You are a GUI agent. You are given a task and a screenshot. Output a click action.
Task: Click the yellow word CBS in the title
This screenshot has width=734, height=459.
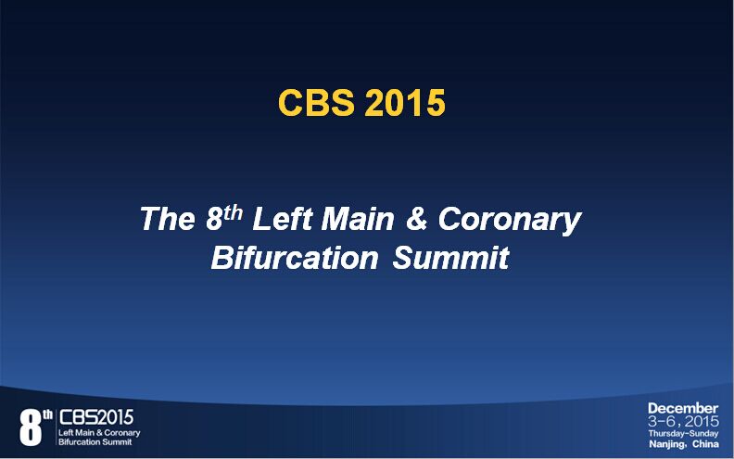pos(316,103)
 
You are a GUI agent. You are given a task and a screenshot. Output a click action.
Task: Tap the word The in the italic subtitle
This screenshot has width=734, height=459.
pos(168,218)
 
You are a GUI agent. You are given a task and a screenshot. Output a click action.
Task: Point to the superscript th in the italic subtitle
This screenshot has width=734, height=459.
pos(234,213)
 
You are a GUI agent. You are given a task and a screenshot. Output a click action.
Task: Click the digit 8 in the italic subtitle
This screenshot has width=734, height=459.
pos(214,219)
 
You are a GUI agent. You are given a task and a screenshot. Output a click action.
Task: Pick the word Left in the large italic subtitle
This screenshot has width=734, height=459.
pos(282,218)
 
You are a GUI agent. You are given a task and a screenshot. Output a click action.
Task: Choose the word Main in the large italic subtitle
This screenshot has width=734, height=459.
pos(358,218)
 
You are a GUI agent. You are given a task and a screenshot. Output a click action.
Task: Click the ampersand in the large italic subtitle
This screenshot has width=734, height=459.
pos(417,219)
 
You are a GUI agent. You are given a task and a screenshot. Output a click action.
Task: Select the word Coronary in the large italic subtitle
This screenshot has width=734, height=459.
pos(510,221)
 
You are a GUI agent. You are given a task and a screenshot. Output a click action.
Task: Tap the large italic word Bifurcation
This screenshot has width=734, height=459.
pos(295,257)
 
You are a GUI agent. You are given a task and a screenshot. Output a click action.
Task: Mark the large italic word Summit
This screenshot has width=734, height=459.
pos(450,257)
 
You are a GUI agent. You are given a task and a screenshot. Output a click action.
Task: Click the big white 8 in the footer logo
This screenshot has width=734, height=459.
pos(31,427)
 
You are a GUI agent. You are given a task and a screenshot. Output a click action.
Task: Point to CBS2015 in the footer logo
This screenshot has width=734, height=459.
pos(96,417)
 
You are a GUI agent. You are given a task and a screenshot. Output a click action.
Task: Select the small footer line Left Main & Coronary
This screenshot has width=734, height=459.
pos(99,433)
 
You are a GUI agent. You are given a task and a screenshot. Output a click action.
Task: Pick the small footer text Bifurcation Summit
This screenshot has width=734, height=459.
pos(95,441)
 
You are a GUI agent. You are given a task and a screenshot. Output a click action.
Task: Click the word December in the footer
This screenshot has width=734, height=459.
pos(683,408)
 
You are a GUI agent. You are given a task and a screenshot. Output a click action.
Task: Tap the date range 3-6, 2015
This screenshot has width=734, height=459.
pos(683,421)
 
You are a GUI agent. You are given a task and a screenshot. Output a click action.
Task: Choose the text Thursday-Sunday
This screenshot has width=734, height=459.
pos(683,433)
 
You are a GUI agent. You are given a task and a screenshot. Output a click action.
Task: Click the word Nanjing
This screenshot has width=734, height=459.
pos(666,444)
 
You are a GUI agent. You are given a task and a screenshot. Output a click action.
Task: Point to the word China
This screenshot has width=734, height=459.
pos(705,443)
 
